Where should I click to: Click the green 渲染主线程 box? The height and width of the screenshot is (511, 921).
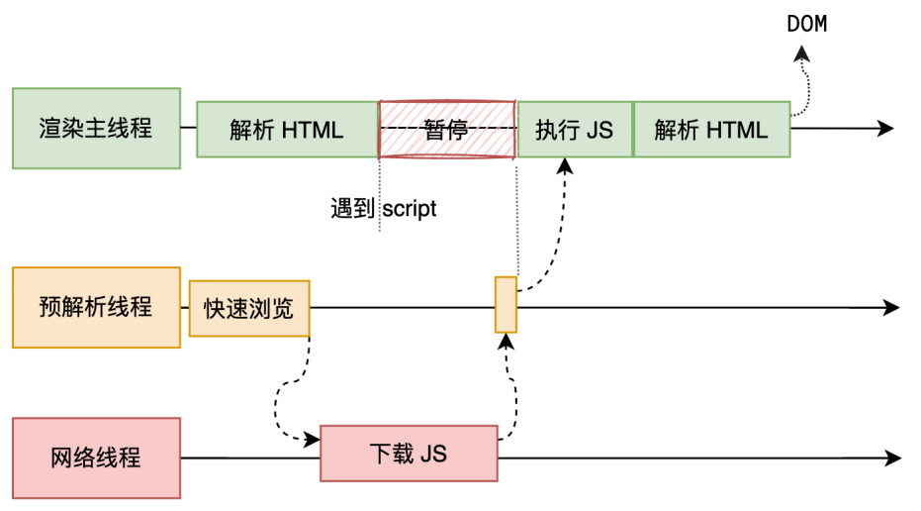pyautogui.click(x=96, y=128)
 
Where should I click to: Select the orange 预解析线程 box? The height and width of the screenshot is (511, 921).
pyautogui.click(x=96, y=307)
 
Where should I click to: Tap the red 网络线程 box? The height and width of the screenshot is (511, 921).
pyautogui.click(x=96, y=458)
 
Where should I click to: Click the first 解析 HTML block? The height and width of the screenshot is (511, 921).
pyautogui.click(x=287, y=129)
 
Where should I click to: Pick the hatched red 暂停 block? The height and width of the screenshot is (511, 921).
pyautogui.click(x=447, y=129)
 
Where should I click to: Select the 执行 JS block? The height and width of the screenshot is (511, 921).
pyautogui.click(x=574, y=129)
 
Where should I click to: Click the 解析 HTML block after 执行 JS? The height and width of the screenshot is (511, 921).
pyautogui.click(x=711, y=129)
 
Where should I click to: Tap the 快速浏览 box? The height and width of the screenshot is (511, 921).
pyautogui.click(x=248, y=308)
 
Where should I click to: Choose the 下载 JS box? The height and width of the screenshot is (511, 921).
pyautogui.click(x=409, y=454)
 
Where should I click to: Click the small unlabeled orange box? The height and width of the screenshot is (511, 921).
pyautogui.click(x=506, y=304)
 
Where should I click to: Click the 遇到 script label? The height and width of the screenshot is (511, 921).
pyautogui.click(x=383, y=210)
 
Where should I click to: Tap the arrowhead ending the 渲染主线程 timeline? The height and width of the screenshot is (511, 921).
pyautogui.click(x=885, y=129)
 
